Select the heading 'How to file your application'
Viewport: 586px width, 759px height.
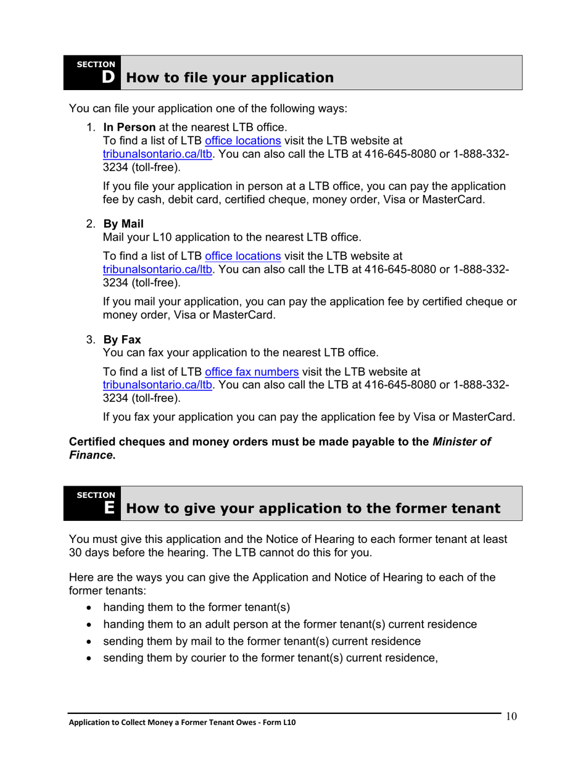229,78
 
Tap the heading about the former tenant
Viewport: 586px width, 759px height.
313,508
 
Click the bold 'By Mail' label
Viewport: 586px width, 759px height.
123,225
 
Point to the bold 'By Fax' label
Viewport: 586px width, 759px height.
122,339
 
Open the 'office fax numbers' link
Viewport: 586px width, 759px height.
252,371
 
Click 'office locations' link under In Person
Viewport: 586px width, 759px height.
242,141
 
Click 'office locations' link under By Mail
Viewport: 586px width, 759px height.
242,255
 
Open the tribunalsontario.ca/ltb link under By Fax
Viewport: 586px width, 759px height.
158,384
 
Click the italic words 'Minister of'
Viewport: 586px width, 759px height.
461,442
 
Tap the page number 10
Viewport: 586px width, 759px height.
511,716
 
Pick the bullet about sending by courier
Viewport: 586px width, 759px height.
270,658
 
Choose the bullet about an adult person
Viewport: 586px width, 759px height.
290,624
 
